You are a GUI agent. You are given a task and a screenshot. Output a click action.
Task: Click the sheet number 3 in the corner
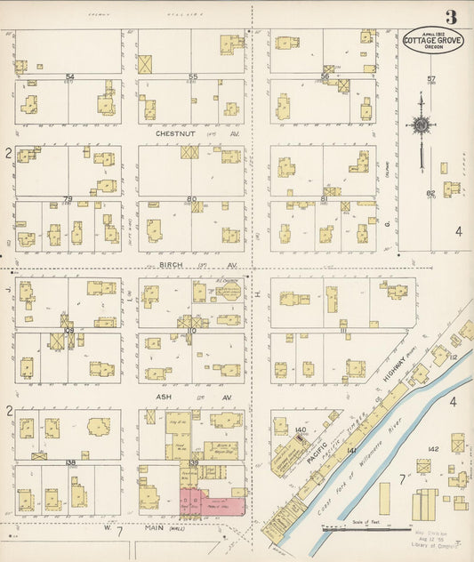[x=452, y=17]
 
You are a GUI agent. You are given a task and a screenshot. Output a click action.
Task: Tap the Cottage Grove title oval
[x=432, y=44]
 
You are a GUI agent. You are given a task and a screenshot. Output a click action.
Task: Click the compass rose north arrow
[x=420, y=124]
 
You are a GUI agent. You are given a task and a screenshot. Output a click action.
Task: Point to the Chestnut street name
[x=174, y=133]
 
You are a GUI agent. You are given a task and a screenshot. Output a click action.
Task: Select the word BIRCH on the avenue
[x=171, y=265]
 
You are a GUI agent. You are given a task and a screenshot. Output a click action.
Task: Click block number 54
[x=68, y=76]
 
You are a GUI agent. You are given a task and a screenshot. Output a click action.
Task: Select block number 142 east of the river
[x=433, y=450]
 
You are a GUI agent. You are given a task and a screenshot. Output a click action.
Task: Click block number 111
[x=342, y=329]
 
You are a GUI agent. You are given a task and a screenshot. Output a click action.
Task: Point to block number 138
[x=69, y=462]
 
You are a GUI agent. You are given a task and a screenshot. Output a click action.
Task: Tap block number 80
[x=191, y=198]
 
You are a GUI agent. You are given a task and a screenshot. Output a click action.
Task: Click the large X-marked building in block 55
[x=145, y=64]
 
